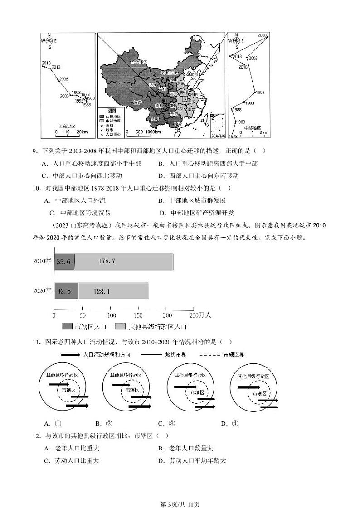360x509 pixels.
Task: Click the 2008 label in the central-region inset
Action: click(262, 35)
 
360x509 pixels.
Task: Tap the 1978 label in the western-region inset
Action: click(85, 94)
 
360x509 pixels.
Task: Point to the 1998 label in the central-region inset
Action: click(259, 92)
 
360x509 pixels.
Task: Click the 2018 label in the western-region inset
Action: click(46, 63)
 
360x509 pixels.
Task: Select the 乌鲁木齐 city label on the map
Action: click(140, 62)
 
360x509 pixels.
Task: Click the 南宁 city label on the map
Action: click(178, 123)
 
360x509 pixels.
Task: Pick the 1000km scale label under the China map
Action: click(153, 132)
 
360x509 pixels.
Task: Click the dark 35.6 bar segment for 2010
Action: click(64, 261)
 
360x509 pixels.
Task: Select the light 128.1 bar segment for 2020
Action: click(113, 291)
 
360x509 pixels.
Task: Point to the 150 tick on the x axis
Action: click(138, 315)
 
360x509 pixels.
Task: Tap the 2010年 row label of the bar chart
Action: click(42, 261)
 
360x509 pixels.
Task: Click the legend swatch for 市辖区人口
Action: click(66, 326)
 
